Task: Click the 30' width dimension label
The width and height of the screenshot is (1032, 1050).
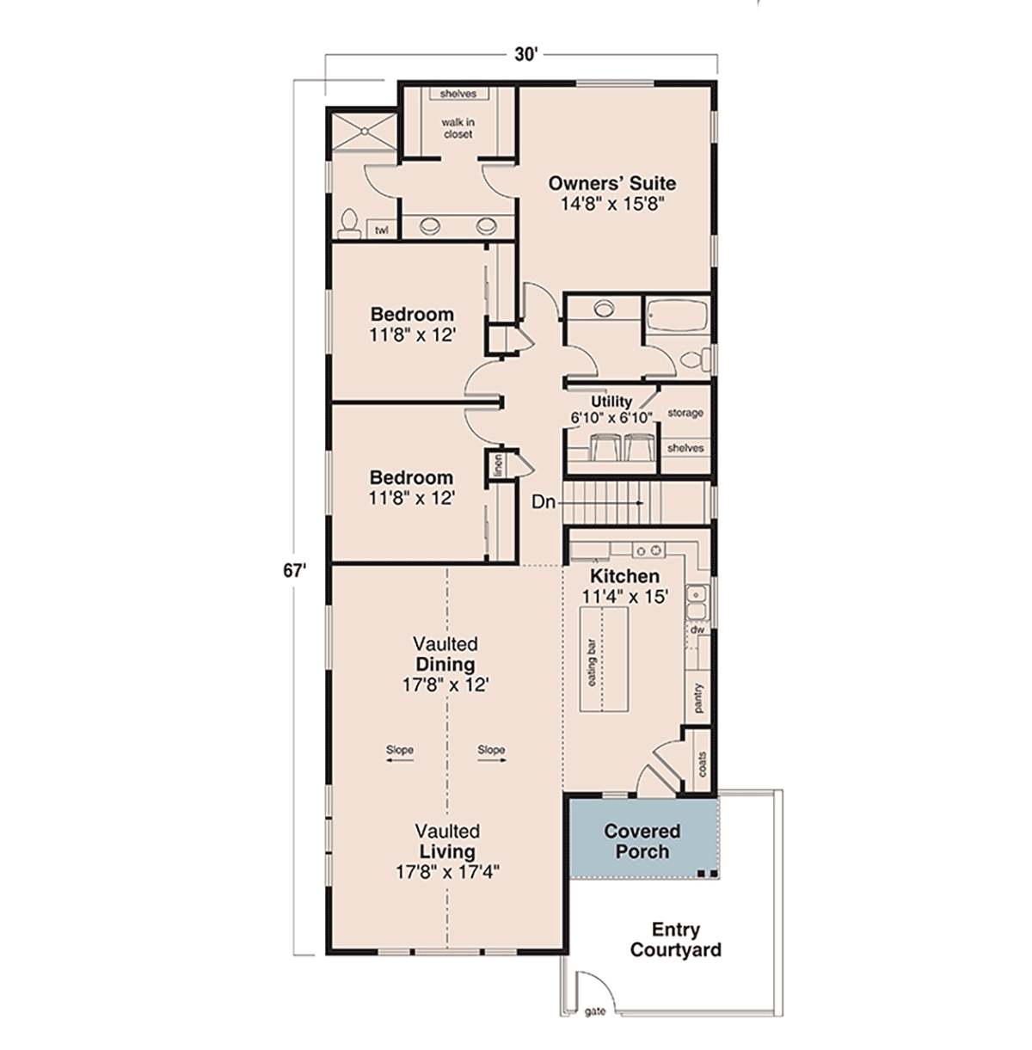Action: [524, 55]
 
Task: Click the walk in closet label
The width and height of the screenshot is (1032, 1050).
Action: [458, 129]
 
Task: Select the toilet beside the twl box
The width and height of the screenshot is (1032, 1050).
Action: [349, 224]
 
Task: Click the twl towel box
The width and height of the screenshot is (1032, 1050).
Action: [382, 229]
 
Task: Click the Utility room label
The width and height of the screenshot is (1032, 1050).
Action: [611, 402]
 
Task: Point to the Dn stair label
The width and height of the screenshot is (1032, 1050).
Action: [543, 502]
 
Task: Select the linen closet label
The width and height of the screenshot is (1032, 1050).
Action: [498, 465]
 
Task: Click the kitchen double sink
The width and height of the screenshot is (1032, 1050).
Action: [697, 602]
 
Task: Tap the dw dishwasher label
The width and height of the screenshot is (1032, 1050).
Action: [697, 629]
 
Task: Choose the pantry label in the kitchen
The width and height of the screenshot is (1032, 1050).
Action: [699, 698]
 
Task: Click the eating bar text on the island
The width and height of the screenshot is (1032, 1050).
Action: [592, 662]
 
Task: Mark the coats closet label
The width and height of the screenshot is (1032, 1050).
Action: [702, 764]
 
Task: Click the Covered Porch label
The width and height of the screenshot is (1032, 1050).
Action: [642, 841]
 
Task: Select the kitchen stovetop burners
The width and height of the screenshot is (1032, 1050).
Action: [648, 550]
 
